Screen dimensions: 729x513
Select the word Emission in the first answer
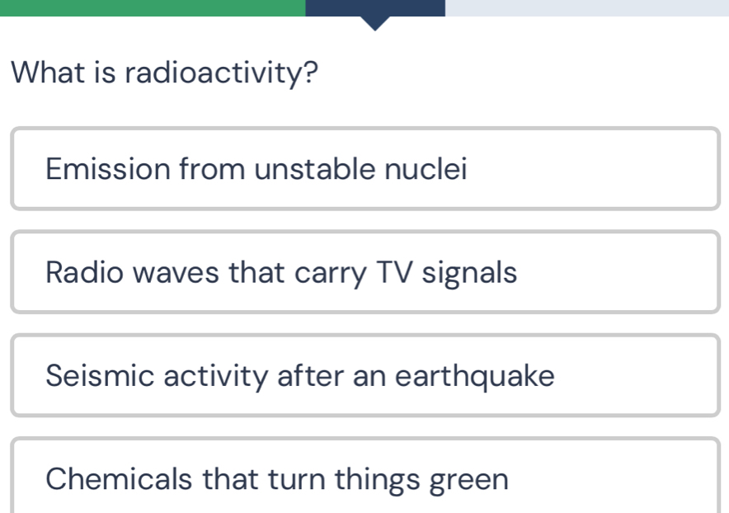[108, 168]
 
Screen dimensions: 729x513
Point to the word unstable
[315, 168]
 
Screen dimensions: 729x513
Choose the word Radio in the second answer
[84, 272]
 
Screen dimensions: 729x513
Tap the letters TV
[394, 272]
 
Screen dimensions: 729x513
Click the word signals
[469, 273]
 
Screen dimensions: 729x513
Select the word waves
[176, 273]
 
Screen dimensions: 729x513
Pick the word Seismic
[100, 375]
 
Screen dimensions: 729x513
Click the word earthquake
[475, 376]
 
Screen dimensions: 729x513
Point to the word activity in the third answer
[216, 376]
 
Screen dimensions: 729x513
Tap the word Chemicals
[119, 478]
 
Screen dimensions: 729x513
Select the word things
[377, 480]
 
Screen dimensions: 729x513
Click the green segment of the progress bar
[153, 8]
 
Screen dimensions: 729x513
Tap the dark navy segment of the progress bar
[375, 8]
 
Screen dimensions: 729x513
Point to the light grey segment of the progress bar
[587, 8]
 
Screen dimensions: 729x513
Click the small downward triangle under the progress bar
[375, 23]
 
